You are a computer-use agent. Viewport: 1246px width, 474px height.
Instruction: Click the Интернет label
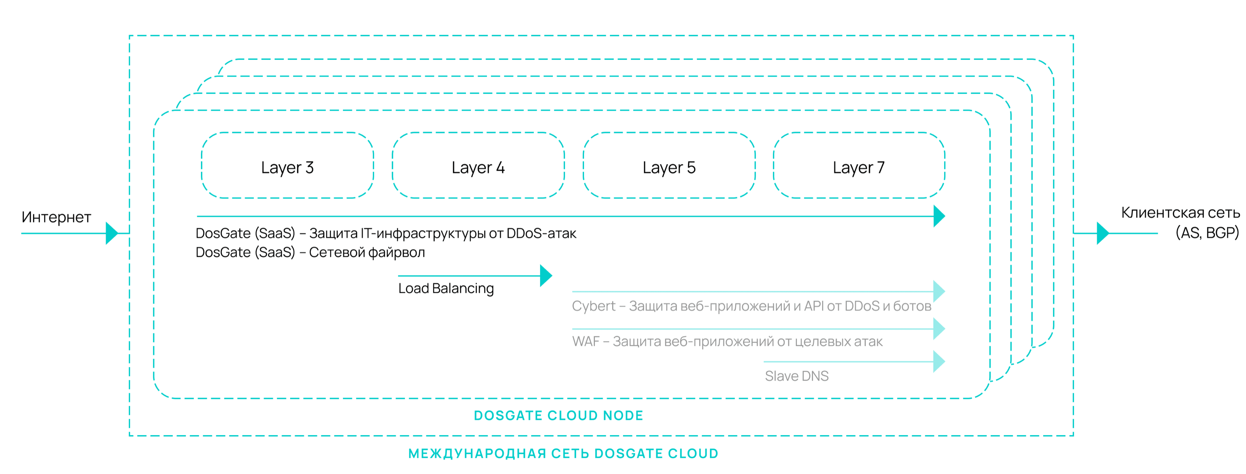[x=56, y=217]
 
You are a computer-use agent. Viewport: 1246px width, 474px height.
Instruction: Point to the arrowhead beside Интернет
[x=112, y=233]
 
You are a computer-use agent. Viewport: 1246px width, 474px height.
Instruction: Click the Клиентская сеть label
[x=1180, y=213]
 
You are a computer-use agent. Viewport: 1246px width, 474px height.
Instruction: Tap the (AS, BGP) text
[x=1207, y=233]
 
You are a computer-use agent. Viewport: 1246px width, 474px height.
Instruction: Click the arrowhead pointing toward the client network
[x=1103, y=233]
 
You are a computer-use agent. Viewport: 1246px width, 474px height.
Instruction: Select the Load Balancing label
[x=446, y=288]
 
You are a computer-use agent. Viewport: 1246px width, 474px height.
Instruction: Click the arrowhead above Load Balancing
[x=546, y=276]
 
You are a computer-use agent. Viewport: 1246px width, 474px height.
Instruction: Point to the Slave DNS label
[x=797, y=376]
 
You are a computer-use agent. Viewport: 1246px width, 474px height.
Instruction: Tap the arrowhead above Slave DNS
[x=939, y=361]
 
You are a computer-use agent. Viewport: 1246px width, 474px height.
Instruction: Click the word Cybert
[x=593, y=306]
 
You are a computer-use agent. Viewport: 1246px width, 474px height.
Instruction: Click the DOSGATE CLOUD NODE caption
[x=559, y=416]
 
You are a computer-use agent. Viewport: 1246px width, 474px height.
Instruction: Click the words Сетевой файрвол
[x=367, y=252]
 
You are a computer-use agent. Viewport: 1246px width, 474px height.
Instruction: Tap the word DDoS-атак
[x=541, y=233]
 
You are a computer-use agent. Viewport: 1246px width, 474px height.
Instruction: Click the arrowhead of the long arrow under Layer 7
[x=939, y=216]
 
